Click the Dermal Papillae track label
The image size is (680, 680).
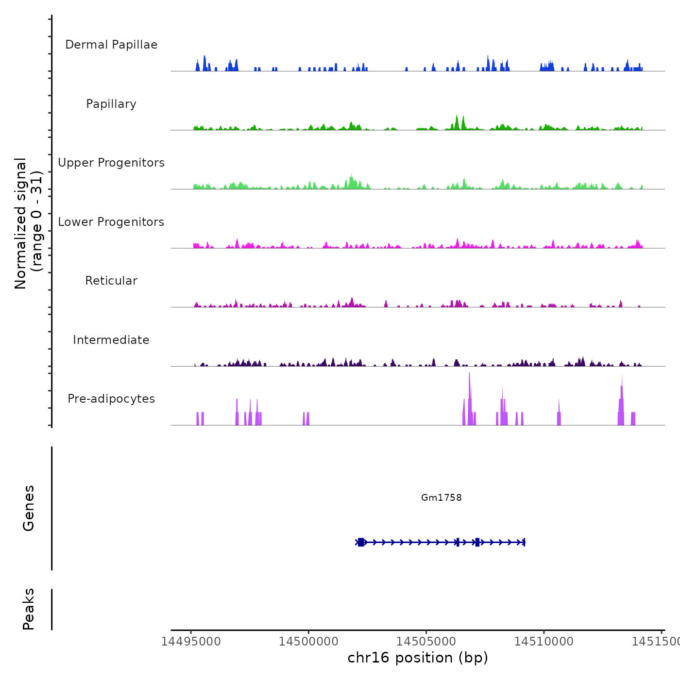coord(111,45)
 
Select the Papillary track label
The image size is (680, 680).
coord(111,104)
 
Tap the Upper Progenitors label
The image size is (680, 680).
coord(111,163)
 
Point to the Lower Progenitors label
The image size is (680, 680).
coord(111,222)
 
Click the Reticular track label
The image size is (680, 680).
coord(111,281)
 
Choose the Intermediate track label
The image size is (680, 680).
coord(111,340)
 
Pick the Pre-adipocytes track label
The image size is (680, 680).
coord(111,399)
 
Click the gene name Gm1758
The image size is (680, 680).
coord(441,497)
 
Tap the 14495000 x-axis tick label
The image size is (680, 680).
coord(191,641)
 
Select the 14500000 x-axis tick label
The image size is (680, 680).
coord(308,641)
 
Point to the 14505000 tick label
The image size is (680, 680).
coord(426,641)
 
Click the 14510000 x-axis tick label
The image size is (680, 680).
coord(544,641)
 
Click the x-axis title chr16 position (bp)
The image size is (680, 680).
coord(418,658)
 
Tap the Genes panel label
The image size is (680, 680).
coord(29,508)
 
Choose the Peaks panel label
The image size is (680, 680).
coord(29,609)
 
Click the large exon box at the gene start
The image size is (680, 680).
coord(361,542)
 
